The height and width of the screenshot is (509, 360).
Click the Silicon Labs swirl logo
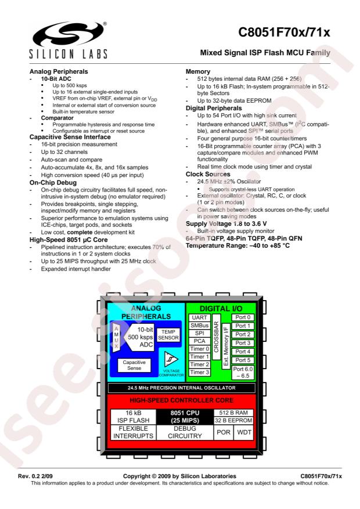pyautogui.click(x=69, y=35)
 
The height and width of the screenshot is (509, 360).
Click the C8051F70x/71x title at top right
pyautogui.click(x=284, y=33)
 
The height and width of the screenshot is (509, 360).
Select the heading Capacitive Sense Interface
pyautogui.click(x=70, y=137)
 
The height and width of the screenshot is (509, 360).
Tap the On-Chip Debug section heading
pyautogui.click(x=53, y=182)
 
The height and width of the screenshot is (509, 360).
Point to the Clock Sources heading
pyautogui.click(x=208, y=174)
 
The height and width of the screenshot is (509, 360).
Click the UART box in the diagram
pyautogui.click(x=199, y=317)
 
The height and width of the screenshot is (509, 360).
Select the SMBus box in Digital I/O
pyautogui.click(x=199, y=325)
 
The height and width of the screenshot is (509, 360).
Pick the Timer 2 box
pyautogui.click(x=199, y=364)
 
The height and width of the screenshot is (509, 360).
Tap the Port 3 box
pyautogui.click(x=243, y=343)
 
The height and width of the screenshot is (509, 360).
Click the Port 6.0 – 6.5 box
pyautogui.click(x=243, y=373)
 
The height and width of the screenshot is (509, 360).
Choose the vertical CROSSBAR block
pyautogui.click(x=216, y=337)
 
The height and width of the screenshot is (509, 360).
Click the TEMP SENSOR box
pyautogui.click(x=168, y=335)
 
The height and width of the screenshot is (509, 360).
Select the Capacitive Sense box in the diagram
pyautogui.click(x=134, y=365)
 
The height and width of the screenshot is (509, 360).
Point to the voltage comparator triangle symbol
pyautogui.click(x=171, y=359)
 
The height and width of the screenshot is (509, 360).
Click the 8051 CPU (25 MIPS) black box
pyautogui.click(x=185, y=417)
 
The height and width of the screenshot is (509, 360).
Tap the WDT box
pyautogui.click(x=244, y=432)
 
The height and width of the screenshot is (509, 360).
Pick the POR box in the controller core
pyautogui.click(x=224, y=432)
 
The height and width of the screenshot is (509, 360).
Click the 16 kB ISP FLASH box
pyautogui.click(x=134, y=417)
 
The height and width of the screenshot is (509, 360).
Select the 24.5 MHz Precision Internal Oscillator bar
pyautogui.click(x=182, y=388)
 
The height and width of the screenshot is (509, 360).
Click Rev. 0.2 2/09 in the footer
pyautogui.click(x=35, y=476)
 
